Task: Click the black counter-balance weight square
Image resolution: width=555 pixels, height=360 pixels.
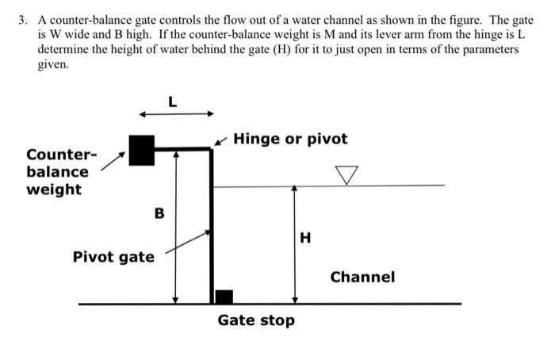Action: [141, 149]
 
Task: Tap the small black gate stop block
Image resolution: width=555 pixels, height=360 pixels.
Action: [224, 297]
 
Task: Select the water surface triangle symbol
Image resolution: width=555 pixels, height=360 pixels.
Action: [346, 174]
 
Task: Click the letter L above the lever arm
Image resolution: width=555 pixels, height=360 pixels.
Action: [173, 101]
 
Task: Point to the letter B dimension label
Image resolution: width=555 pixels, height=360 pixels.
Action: [159, 213]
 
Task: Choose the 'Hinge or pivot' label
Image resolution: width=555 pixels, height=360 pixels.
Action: [290, 139]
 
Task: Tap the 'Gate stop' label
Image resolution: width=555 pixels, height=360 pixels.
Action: [256, 320]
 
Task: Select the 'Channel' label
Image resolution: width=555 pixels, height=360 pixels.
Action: [362, 277]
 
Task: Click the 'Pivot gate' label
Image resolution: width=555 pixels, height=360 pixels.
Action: [113, 257]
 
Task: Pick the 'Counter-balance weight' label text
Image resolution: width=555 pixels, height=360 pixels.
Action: [57, 171]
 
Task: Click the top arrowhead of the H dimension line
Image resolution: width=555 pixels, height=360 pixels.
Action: [295, 190]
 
